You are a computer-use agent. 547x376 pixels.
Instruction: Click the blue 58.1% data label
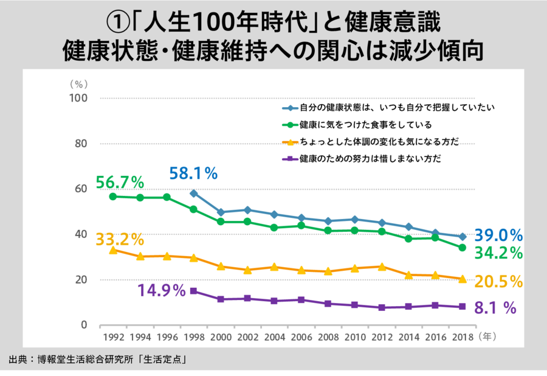click(193, 173)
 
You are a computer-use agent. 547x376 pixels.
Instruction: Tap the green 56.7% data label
click(120, 182)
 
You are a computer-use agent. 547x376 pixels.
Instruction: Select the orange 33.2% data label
click(120, 238)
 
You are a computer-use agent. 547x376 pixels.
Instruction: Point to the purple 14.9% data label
click(161, 290)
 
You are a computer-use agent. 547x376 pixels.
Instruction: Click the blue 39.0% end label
click(499, 235)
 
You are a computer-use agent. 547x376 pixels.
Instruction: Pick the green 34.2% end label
click(499, 252)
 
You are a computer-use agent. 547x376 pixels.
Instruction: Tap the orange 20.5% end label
click(499, 281)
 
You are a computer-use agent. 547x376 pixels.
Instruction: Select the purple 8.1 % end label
click(495, 308)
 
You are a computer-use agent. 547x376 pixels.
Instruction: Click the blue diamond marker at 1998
click(193, 193)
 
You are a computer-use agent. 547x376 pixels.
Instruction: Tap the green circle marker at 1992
click(112, 197)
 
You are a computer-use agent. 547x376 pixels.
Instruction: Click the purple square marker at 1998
click(193, 291)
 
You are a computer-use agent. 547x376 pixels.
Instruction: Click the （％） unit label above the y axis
click(80, 84)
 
